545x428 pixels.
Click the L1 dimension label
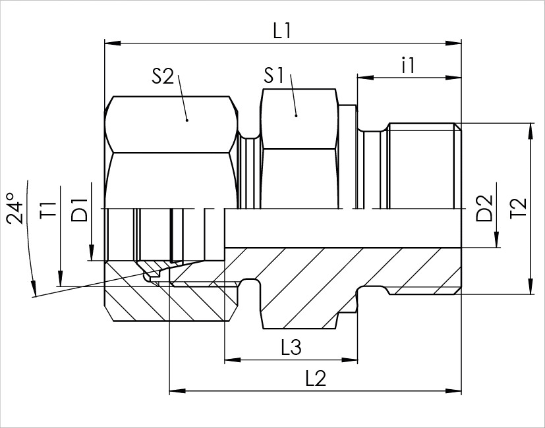(x=281, y=31)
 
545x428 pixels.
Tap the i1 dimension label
(x=409, y=65)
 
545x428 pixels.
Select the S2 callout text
(x=163, y=76)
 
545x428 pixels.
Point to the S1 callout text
(x=274, y=75)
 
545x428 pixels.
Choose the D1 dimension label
(x=79, y=210)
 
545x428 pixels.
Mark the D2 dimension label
(x=484, y=208)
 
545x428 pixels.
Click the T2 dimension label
(x=519, y=208)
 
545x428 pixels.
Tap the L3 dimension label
(x=291, y=348)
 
